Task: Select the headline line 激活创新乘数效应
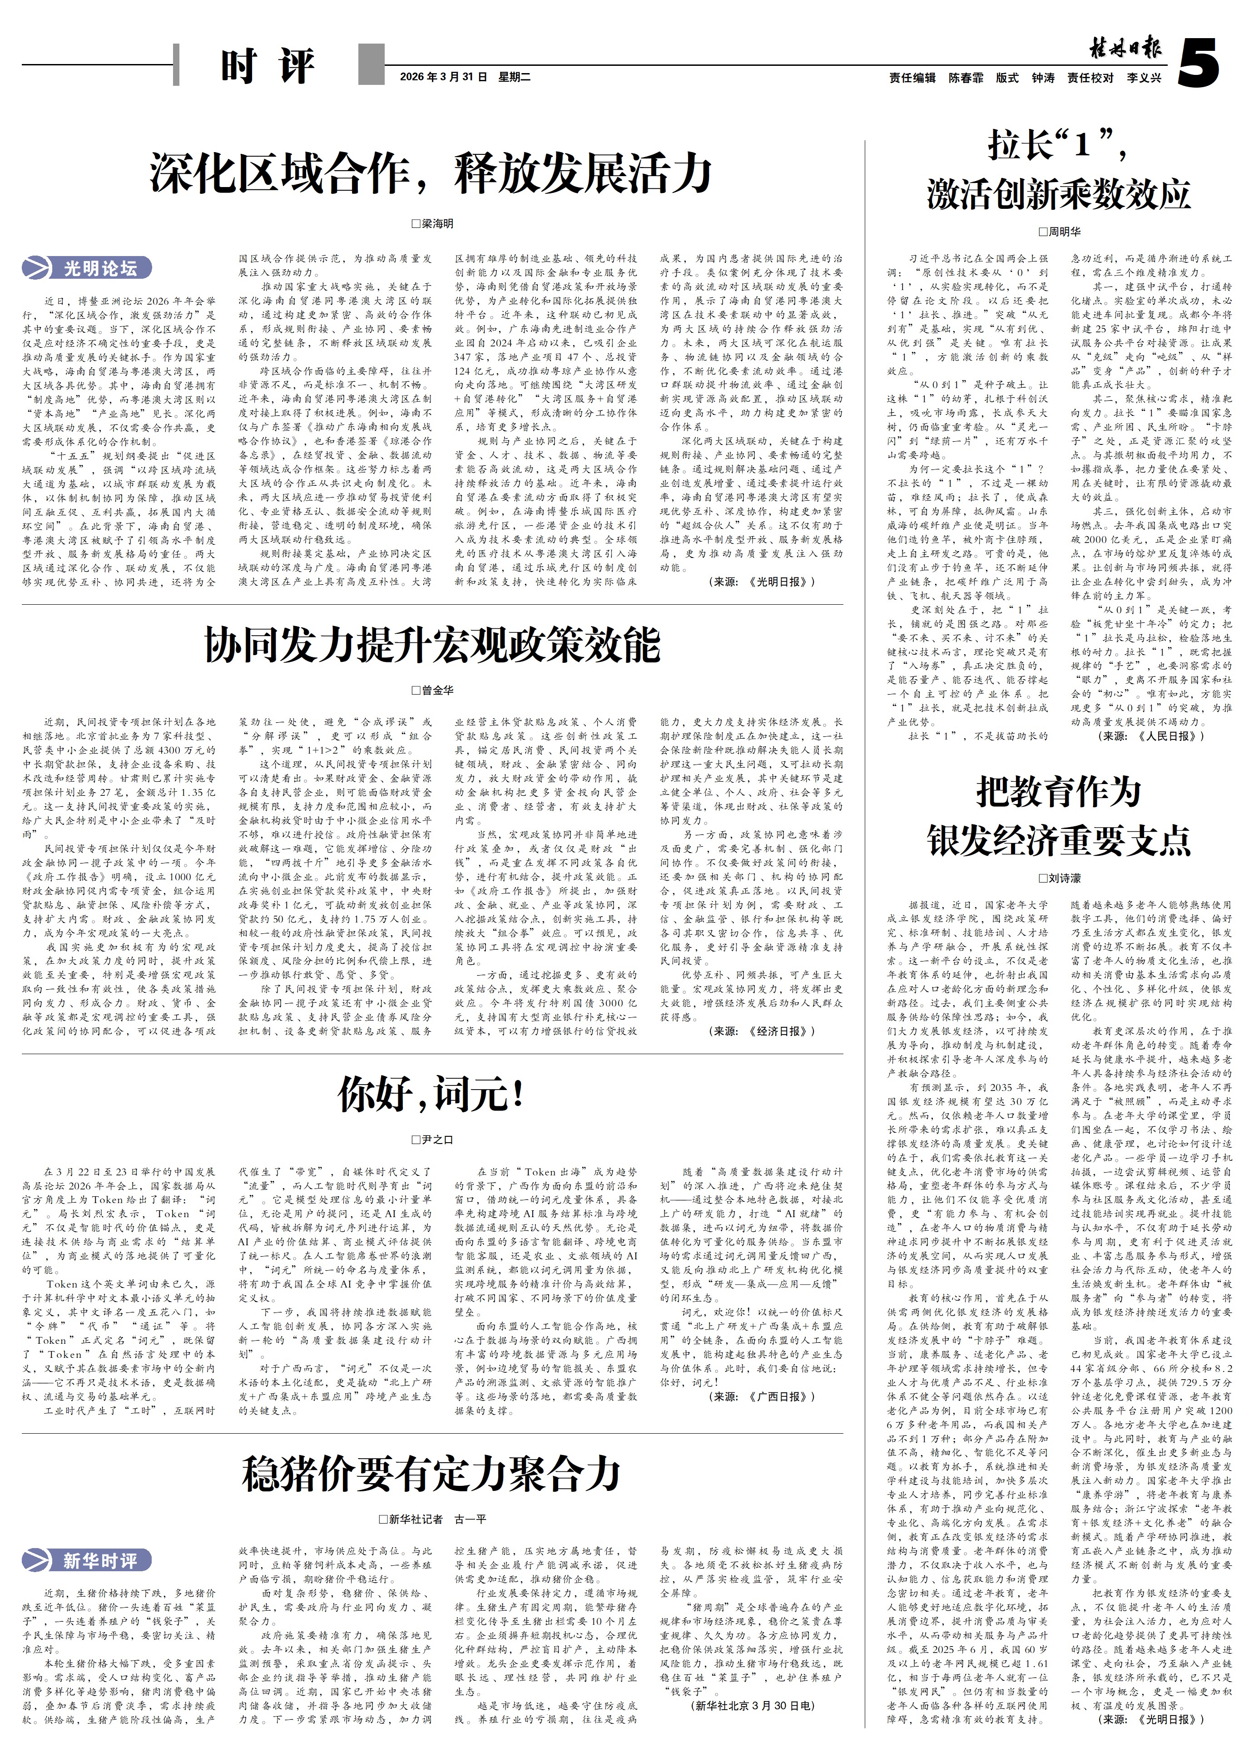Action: pyautogui.click(x=1059, y=194)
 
